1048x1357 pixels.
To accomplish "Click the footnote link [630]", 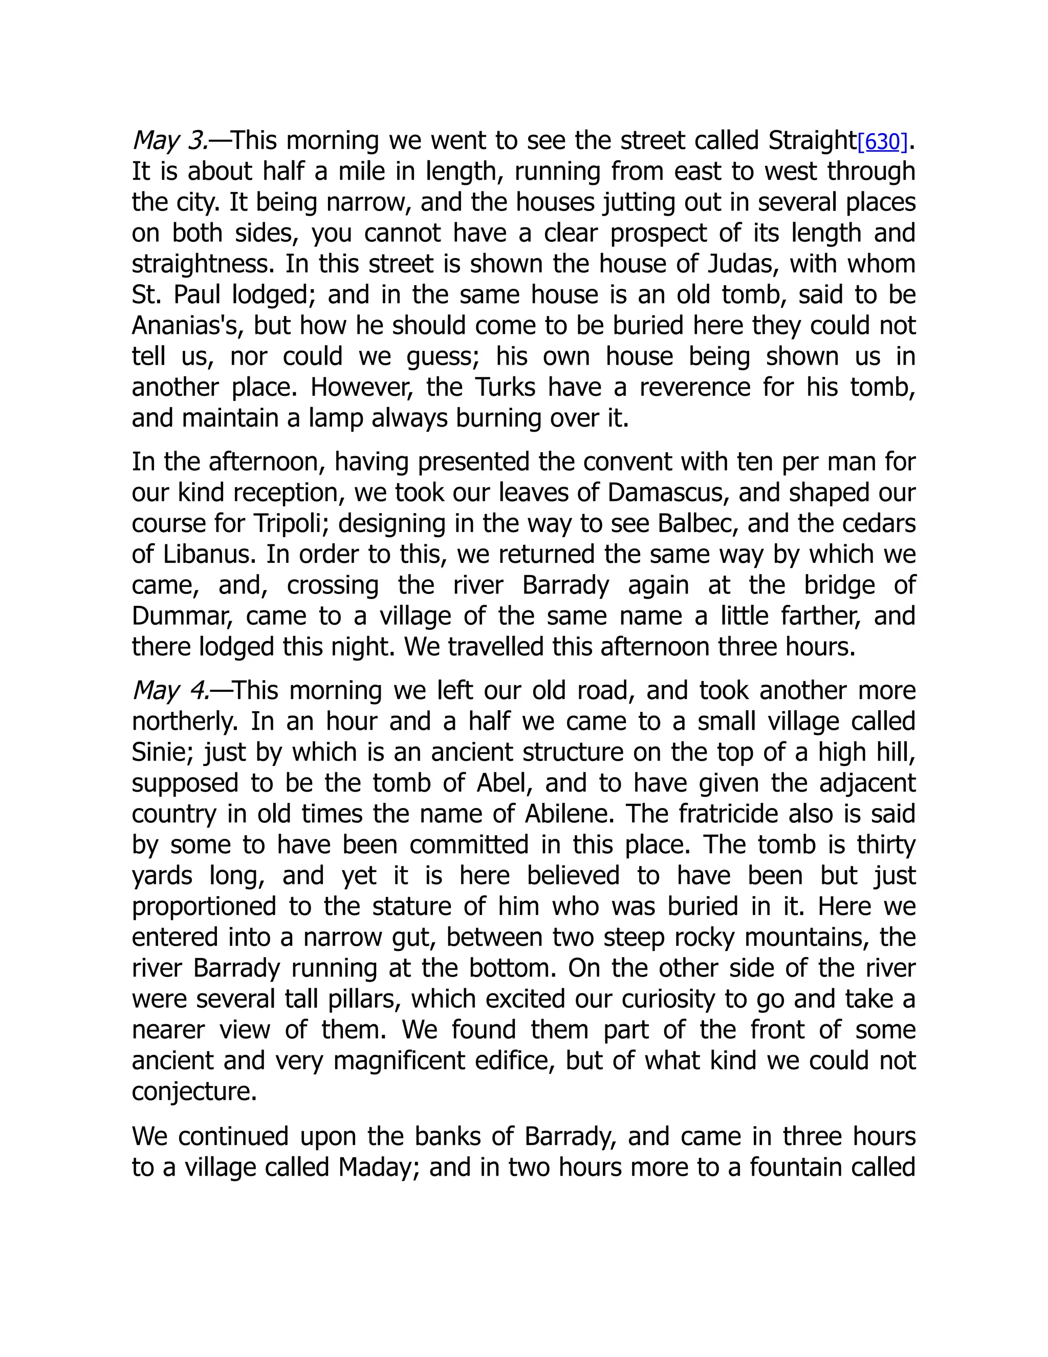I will (x=882, y=142).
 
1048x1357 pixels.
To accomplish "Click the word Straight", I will (x=812, y=141).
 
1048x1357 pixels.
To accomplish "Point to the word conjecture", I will (x=194, y=1092).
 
